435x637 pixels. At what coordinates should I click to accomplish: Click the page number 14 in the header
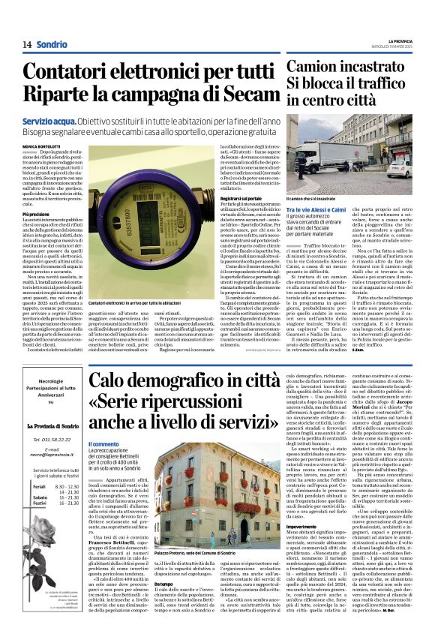pos(27,44)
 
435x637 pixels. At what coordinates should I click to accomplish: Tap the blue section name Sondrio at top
pos(52,44)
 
